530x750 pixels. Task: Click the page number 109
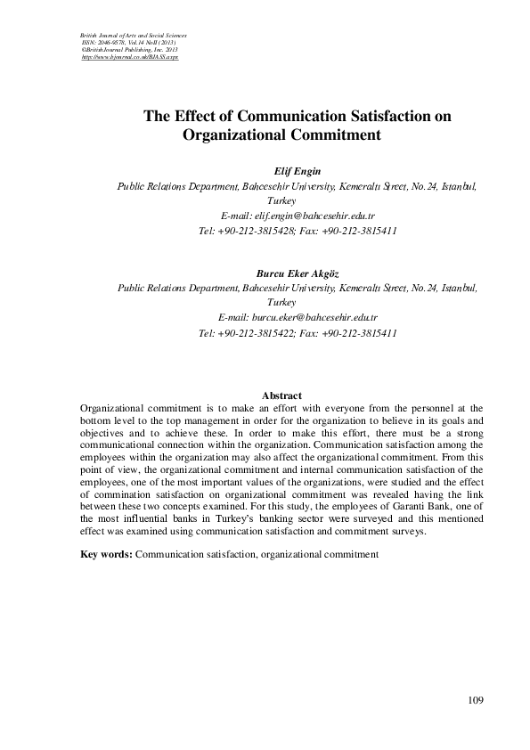point(475,700)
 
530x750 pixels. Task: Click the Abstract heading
point(281,395)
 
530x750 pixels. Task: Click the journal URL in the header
point(124,56)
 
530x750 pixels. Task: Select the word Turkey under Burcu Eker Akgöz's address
point(293,303)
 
